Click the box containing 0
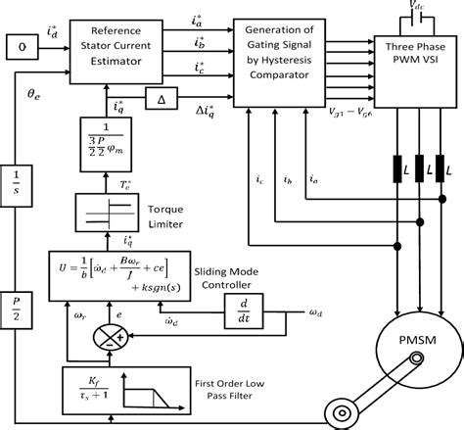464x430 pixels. pyautogui.click(x=19, y=45)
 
